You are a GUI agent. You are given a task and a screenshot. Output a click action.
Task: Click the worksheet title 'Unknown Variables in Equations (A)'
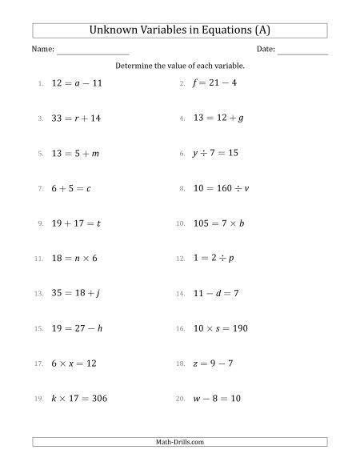(180, 31)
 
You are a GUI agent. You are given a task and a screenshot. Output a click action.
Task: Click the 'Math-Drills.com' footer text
(180, 442)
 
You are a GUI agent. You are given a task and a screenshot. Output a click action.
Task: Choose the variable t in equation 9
(98, 223)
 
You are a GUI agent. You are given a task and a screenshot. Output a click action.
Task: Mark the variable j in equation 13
(98, 294)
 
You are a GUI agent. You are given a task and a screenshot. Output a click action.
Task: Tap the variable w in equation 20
(198, 399)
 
